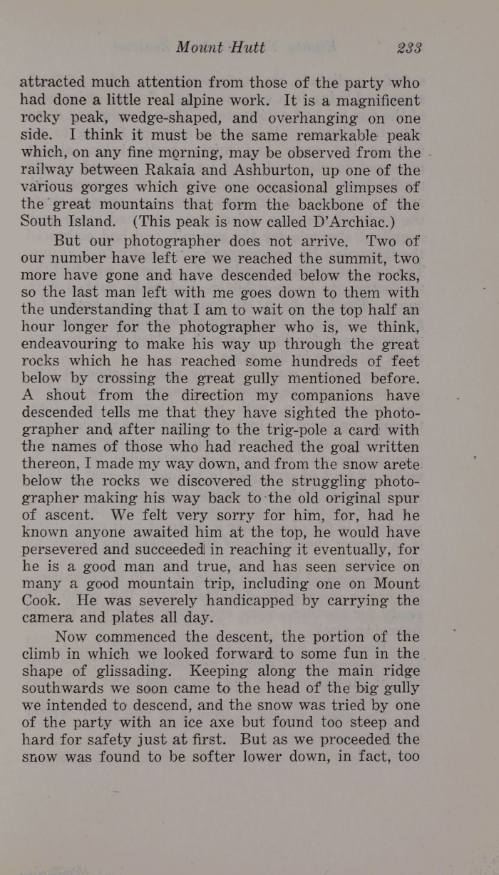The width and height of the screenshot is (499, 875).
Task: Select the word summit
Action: pyautogui.click(x=350, y=256)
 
